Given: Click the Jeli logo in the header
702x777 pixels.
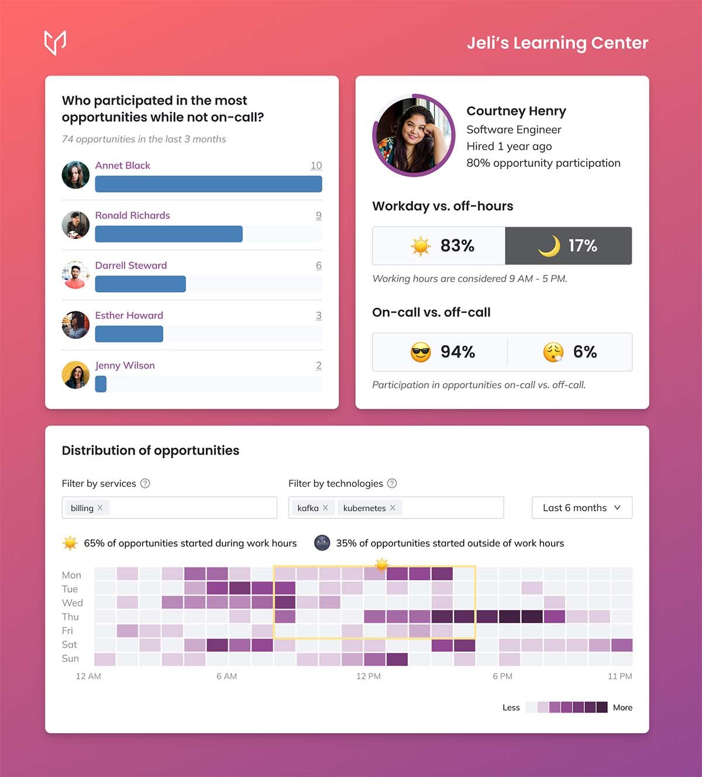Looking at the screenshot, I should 55,42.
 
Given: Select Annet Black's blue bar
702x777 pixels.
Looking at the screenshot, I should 208,184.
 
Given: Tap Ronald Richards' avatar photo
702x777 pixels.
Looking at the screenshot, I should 75,225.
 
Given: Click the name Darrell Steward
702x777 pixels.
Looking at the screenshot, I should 131,265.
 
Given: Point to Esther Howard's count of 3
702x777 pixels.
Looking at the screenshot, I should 319,315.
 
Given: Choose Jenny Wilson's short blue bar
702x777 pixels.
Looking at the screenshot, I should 101,384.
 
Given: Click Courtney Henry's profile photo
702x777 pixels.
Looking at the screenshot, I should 413,135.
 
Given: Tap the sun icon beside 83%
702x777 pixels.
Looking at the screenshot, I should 420,246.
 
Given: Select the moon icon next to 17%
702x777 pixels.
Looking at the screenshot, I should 549,246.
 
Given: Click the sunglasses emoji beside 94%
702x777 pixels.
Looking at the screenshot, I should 420,352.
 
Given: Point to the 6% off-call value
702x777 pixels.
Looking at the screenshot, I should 584,352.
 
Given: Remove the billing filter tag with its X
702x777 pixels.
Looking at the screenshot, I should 100,507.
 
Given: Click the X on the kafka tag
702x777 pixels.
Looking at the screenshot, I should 325,507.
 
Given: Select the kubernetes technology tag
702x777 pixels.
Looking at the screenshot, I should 364,508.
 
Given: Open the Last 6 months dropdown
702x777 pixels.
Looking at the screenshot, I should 581,508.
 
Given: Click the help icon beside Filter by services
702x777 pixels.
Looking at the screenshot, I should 145,483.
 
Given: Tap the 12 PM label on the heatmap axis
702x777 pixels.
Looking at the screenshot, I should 369,676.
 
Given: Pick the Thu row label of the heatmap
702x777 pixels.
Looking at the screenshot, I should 70,617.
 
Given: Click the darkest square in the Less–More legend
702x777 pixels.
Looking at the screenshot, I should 601,707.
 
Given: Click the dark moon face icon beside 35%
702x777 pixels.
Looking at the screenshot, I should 322,543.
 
